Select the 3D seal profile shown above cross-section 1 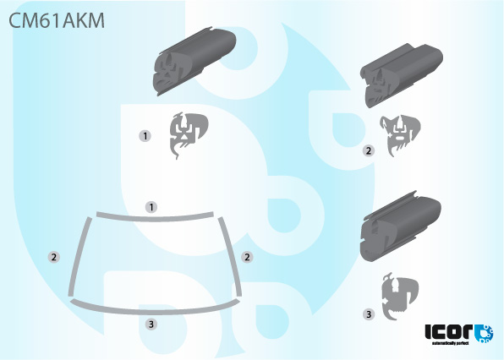pos(193,63)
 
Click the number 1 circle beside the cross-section pos(146,134)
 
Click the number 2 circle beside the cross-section pos(368,150)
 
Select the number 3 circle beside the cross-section pos(369,314)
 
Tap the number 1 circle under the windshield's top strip pos(151,206)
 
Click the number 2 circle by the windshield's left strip pos(54,256)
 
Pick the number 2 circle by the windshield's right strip pos(248,256)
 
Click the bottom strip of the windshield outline pos(155,309)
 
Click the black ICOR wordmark pos(448,331)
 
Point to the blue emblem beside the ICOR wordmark pos(484,333)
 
